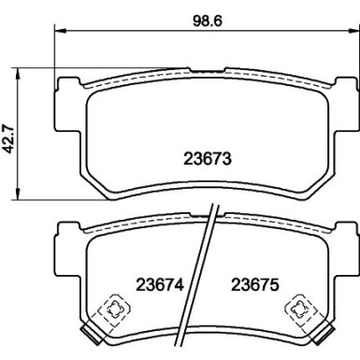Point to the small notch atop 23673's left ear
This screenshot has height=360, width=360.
(x=65, y=79)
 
